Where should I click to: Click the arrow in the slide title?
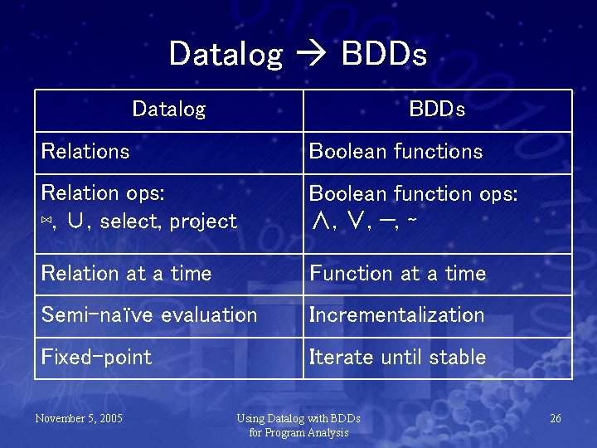coord(311,56)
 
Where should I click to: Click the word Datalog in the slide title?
coord(226,55)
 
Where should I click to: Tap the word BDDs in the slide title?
coord(384,55)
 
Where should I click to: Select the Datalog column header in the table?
coord(168,110)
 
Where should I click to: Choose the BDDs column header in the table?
coord(437,110)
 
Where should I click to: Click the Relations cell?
coord(85,152)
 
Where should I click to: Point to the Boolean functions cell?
coord(396,152)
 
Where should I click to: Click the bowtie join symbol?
coord(46,222)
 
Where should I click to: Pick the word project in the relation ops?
coord(203,222)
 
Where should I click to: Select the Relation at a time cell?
coord(126,274)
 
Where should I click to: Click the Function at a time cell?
coord(397,274)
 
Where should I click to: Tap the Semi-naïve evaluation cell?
coord(149,315)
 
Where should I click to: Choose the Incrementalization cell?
coord(396,315)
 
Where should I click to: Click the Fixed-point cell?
coord(96,358)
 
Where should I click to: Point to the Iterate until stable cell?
coord(397,358)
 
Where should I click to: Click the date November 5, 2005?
coord(79,418)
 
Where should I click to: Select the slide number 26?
coord(555,418)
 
